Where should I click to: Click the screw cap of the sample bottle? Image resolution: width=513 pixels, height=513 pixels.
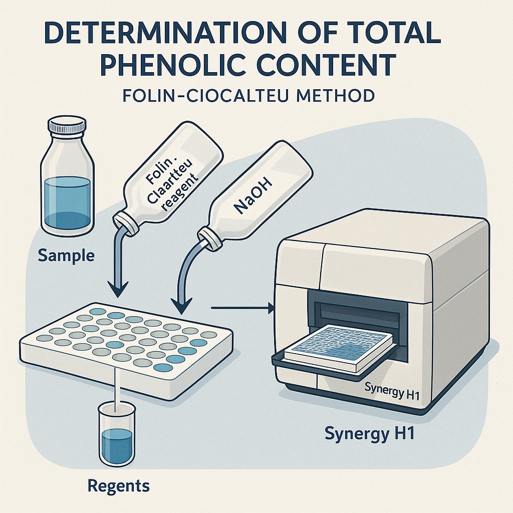pyautogui.click(x=68, y=125)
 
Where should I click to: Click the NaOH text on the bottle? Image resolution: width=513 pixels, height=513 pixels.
pyautogui.click(x=253, y=196)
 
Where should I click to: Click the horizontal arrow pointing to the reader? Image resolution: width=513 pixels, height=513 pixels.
pyautogui.click(x=243, y=308)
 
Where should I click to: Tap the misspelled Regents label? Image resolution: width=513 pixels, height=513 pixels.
pyautogui.click(x=118, y=485)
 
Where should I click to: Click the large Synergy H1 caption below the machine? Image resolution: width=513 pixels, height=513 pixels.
pyautogui.click(x=370, y=433)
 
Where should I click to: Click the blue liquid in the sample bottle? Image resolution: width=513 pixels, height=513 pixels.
pyautogui.click(x=67, y=202)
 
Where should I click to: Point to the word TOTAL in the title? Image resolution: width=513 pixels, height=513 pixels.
pyautogui.click(x=386, y=33)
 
